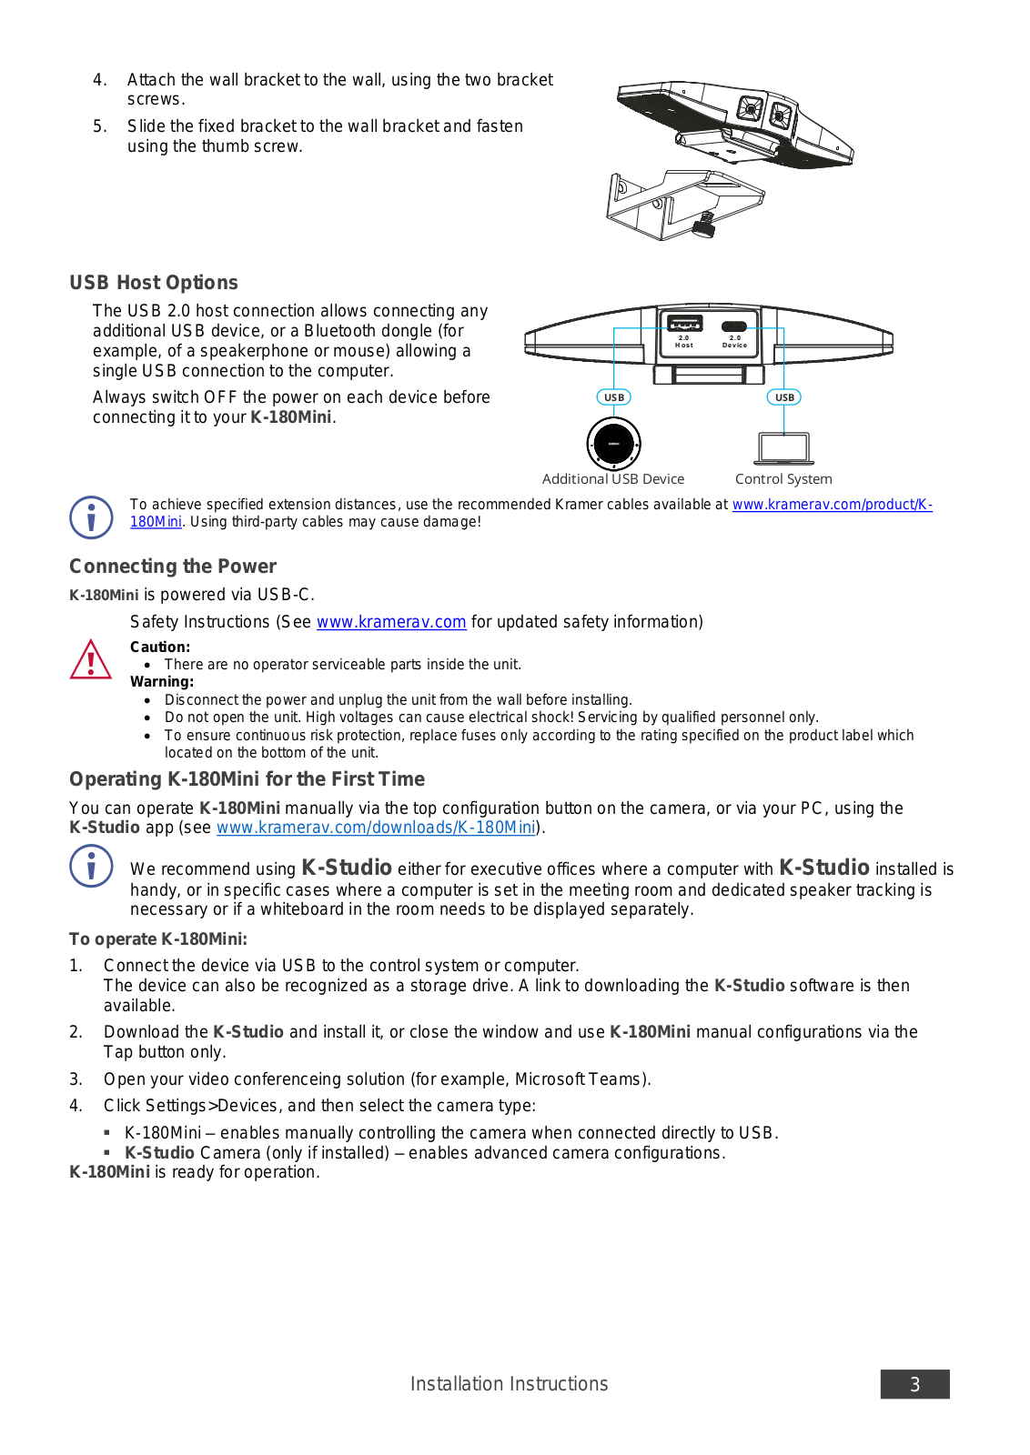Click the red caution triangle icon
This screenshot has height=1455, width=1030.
[91, 660]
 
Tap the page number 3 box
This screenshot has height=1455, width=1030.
[914, 1384]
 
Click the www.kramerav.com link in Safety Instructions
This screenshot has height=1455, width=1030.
[391, 622]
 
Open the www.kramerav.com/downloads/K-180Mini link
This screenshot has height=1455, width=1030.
[376, 828]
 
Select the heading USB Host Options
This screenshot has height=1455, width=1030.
[154, 283]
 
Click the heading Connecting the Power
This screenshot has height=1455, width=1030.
[173, 567]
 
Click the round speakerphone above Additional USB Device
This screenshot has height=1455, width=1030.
[613, 444]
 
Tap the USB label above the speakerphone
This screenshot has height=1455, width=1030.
[614, 397]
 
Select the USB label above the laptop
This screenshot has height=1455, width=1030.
[784, 397]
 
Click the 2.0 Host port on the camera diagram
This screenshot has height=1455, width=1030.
[684, 325]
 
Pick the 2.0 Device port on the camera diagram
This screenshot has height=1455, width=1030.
[734, 327]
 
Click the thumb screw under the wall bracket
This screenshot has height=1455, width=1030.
[703, 224]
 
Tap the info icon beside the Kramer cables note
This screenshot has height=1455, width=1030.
[91, 517]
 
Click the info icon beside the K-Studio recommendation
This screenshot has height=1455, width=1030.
[91, 866]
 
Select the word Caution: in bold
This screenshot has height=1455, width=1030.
[160, 647]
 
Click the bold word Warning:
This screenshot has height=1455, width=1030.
[162, 682]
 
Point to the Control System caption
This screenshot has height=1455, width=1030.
[783, 479]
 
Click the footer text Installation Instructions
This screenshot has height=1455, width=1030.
[509, 1384]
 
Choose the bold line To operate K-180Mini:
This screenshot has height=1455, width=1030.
[158, 939]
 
